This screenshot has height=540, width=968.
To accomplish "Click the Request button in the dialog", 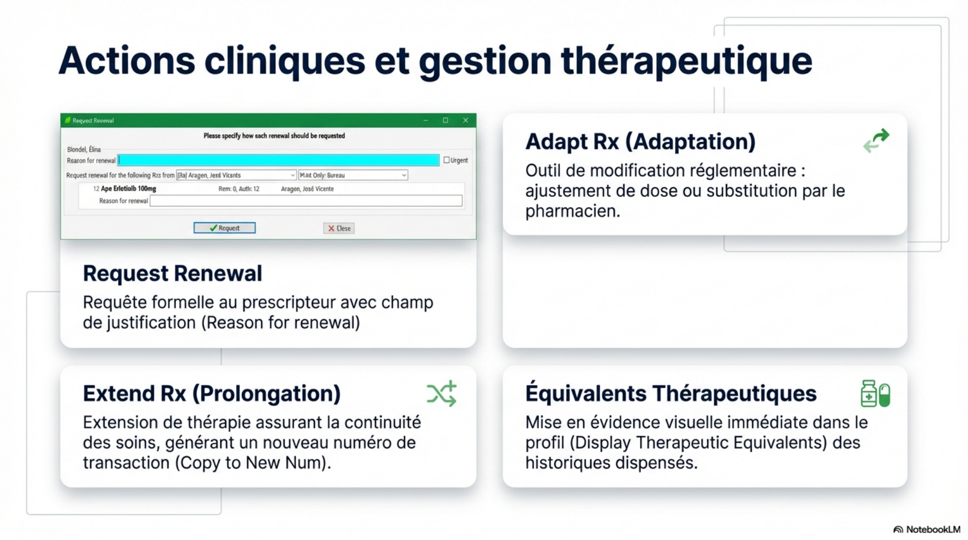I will [x=224, y=228].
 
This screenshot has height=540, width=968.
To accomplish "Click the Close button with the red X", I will [x=339, y=229].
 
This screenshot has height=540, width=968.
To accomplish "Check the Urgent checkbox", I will [x=447, y=160].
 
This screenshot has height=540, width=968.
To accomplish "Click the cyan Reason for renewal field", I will [x=278, y=160].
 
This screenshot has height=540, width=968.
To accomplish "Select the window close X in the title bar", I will [x=465, y=120].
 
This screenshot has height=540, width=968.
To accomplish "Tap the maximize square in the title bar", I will [x=446, y=120].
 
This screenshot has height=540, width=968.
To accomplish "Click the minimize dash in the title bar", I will [x=426, y=120].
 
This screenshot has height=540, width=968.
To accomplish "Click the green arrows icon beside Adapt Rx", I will [x=876, y=141].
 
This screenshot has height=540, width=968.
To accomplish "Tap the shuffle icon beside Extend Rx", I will [x=441, y=394].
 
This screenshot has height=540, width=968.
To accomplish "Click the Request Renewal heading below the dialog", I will [x=173, y=273].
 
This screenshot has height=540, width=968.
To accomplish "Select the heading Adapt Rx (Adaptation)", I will [x=640, y=142].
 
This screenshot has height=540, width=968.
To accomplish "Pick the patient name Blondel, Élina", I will [x=84, y=149].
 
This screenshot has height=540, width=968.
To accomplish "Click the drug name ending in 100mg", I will [x=129, y=189].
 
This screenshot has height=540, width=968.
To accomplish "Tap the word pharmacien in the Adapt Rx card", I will [x=572, y=211].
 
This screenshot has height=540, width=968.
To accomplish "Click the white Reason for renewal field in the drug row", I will [x=306, y=201].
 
